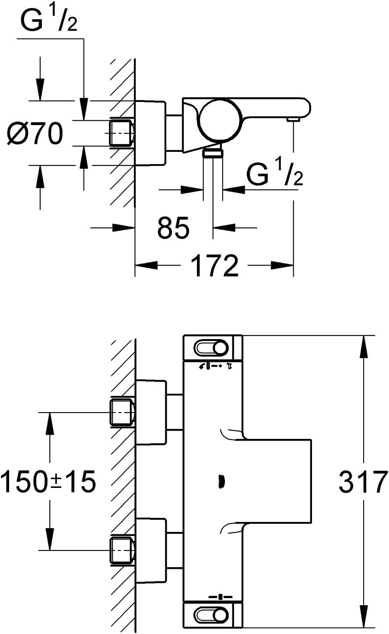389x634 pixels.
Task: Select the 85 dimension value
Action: click(173, 227)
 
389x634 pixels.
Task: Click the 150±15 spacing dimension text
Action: click(48, 481)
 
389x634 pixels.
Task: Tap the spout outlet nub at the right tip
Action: click(292, 119)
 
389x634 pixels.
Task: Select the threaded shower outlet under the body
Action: click(213, 153)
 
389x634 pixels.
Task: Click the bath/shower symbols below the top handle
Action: click(216, 367)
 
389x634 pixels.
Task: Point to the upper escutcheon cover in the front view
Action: click(151, 412)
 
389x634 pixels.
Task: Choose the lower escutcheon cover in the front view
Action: click(151, 550)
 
